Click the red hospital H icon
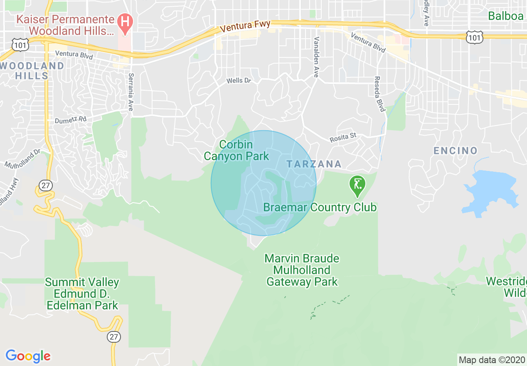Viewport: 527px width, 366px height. point(123,20)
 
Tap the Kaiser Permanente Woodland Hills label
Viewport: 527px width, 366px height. point(65,25)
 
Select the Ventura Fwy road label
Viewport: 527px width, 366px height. point(245,27)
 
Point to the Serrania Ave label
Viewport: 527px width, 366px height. point(131,92)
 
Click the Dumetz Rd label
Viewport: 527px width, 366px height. point(71,120)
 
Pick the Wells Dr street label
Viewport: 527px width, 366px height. point(239,81)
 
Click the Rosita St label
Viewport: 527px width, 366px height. point(343,138)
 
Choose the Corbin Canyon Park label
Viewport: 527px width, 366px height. point(236,151)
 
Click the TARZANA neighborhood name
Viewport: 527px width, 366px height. point(314,164)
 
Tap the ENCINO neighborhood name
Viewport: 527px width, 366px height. point(456,151)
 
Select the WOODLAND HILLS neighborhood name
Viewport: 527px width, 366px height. point(32,71)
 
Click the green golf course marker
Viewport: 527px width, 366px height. point(357,186)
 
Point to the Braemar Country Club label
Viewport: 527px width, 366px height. point(320,207)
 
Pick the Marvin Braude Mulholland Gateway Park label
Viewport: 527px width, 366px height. point(302,270)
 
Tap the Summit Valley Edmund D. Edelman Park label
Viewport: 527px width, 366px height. point(82,294)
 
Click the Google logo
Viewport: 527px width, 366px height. point(28,356)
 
